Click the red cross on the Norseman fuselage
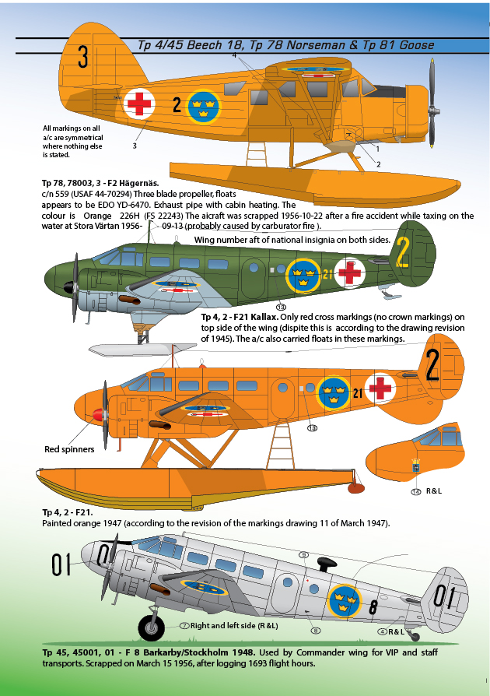tap(142, 102)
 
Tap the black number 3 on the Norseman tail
tap(83, 57)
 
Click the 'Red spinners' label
tap(69, 449)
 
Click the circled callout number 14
tap(415, 491)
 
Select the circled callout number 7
tap(184, 625)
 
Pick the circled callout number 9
tap(304, 554)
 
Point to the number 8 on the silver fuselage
tap(373, 606)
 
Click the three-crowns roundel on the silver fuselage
tap(342, 600)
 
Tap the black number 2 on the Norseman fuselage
tap(177, 104)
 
